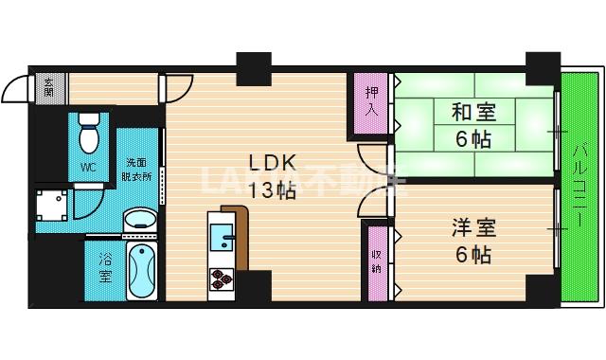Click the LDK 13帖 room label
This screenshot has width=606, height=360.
(x=272, y=176)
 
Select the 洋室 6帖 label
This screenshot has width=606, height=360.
(x=470, y=241)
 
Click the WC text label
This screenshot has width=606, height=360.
(x=88, y=168)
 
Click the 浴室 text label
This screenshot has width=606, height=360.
(x=103, y=269)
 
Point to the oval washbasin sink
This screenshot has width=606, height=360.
(x=141, y=219)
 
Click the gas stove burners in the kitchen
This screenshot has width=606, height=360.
(x=221, y=278)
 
